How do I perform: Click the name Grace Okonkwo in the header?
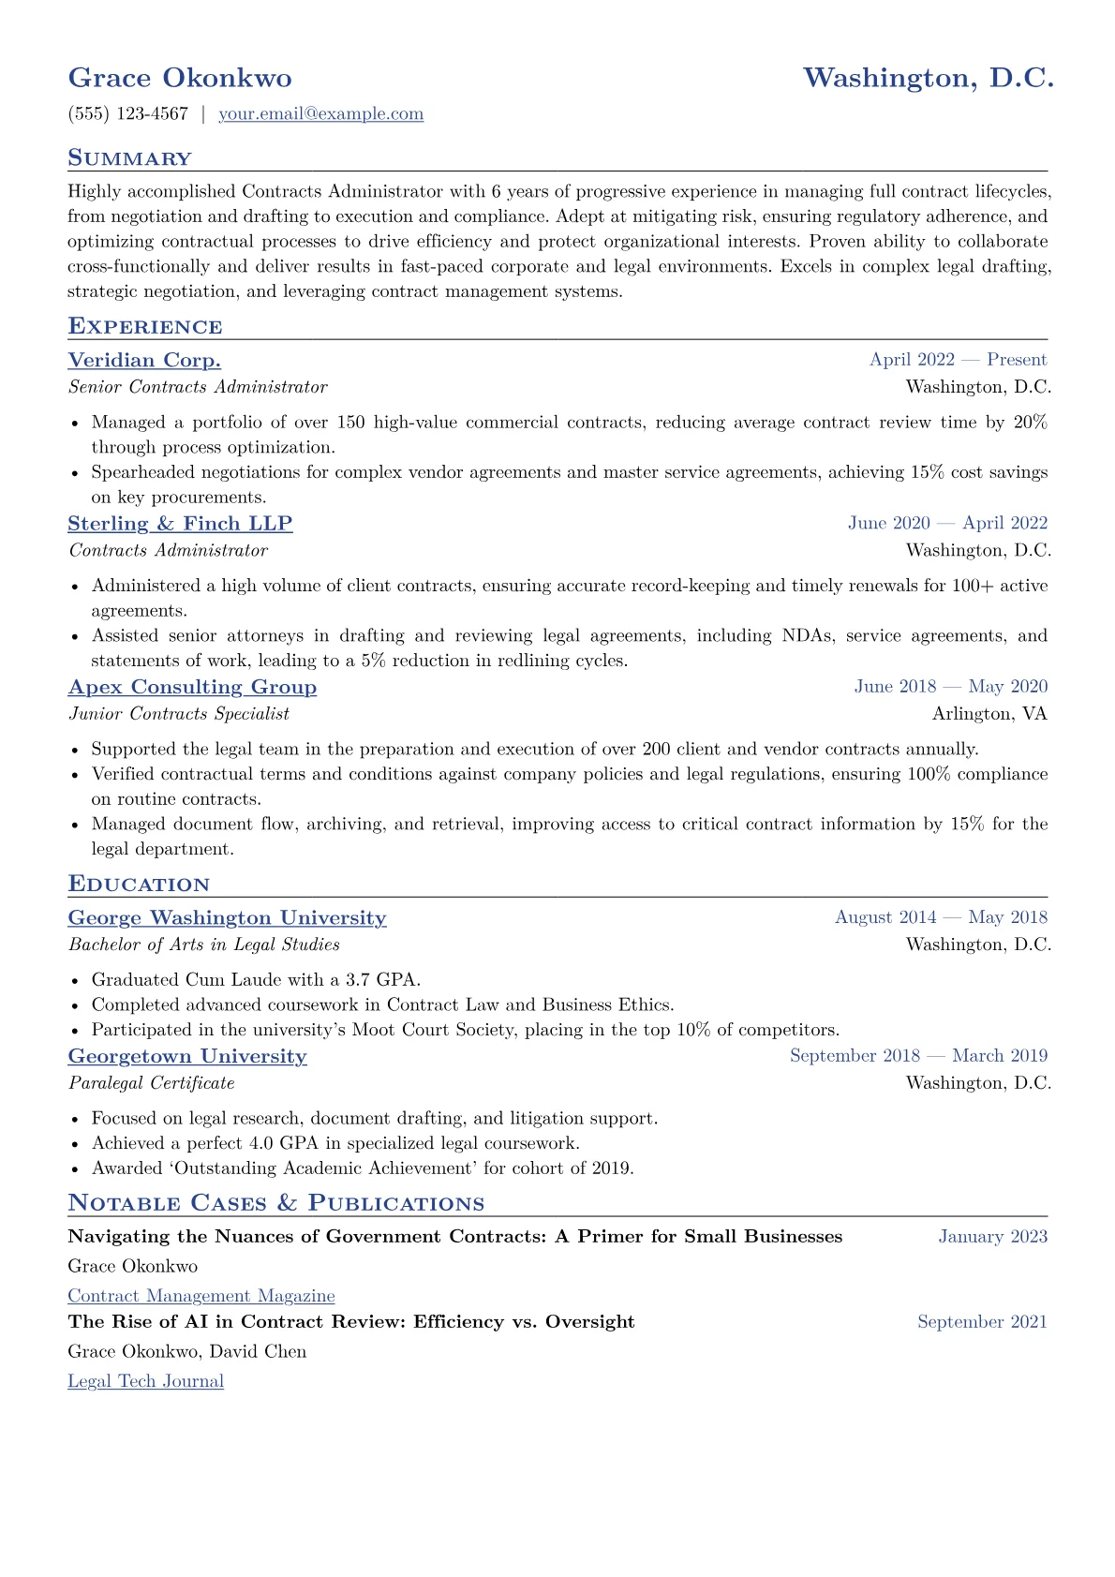tap(180, 78)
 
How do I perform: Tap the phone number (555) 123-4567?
tap(128, 114)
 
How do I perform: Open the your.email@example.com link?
tap(320, 114)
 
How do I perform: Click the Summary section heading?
tap(129, 158)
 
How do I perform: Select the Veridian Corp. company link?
tap(144, 361)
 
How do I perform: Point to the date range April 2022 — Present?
tap(958, 360)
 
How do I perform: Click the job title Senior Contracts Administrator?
tap(198, 387)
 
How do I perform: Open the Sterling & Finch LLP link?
tap(180, 524)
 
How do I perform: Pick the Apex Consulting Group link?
tap(192, 687)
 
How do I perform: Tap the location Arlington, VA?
tap(989, 714)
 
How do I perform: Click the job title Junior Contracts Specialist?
tap(179, 714)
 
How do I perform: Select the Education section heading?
tap(139, 885)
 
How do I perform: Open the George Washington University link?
tap(227, 918)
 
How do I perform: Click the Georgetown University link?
tap(187, 1056)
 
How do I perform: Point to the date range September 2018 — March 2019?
tap(918, 1056)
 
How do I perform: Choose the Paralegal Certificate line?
tap(152, 1083)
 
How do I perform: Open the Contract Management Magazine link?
tap(201, 1296)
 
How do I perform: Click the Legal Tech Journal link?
tap(145, 1381)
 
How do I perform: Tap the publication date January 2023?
tap(992, 1237)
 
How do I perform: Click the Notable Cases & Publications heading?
tap(276, 1203)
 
